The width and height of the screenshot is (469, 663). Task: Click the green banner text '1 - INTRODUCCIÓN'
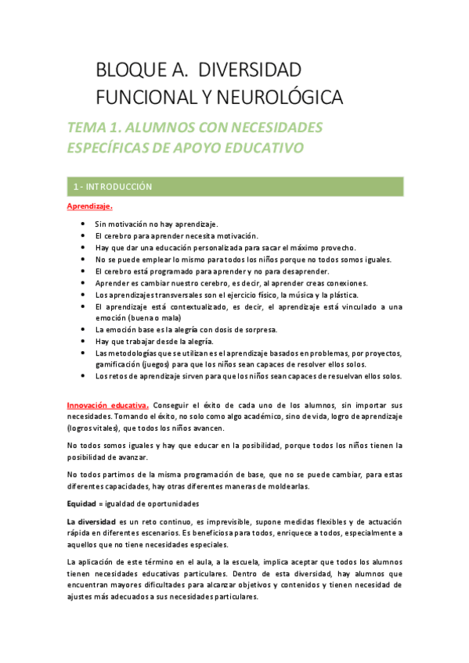click(x=112, y=187)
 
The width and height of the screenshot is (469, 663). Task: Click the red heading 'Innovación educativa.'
click(x=107, y=405)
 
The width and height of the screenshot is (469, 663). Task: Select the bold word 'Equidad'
click(x=81, y=503)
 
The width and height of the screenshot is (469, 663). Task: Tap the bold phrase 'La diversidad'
click(x=92, y=521)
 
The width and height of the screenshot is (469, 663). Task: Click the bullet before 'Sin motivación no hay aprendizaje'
click(x=84, y=224)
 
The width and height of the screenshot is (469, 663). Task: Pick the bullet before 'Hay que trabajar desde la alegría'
click(x=84, y=342)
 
